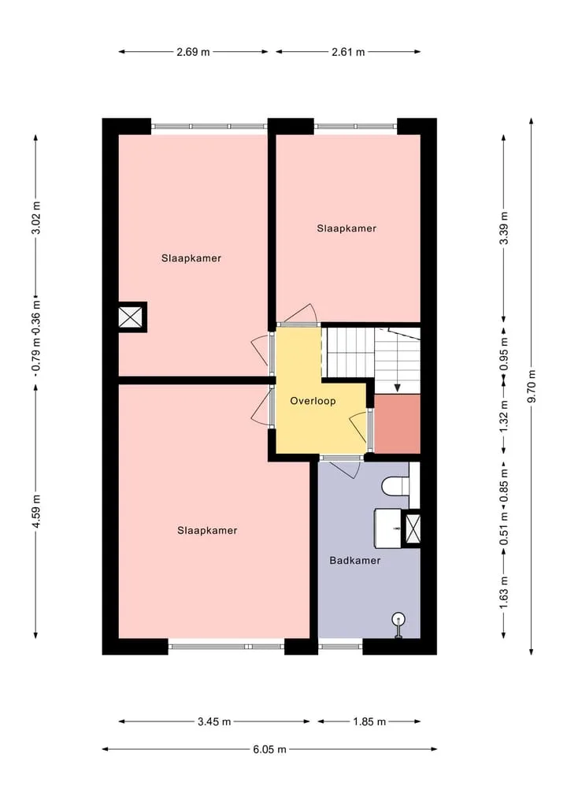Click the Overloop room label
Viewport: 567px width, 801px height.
[x=313, y=401]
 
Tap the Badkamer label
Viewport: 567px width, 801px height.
[x=355, y=561]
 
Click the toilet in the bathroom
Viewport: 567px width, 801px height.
[x=395, y=486]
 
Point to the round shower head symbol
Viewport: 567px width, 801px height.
[x=398, y=620]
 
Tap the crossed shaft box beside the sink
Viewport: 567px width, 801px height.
[x=412, y=528]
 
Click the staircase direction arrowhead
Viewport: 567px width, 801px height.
[x=398, y=388]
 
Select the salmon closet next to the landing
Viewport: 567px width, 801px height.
[x=398, y=424]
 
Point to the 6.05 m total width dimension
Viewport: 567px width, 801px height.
[x=269, y=749]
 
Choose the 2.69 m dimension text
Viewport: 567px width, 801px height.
[x=193, y=52]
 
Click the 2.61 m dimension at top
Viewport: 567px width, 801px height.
[x=348, y=52]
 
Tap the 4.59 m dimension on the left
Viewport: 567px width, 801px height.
[x=35, y=512]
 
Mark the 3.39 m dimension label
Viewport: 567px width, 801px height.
[x=504, y=228]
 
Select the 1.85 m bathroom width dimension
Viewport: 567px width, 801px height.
[x=369, y=721]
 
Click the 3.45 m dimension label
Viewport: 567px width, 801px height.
[x=214, y=721]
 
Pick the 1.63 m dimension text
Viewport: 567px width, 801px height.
[x=504, y=592]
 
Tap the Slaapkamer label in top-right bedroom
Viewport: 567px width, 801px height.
[x=346, y=228]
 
